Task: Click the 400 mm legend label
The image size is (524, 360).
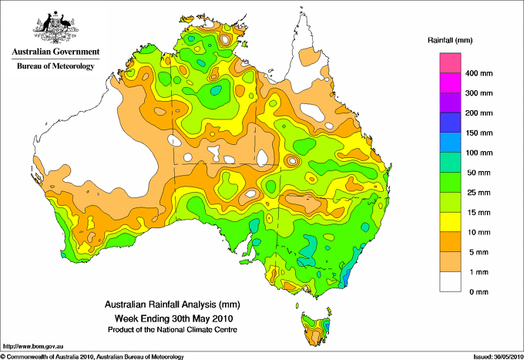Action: [479, 73]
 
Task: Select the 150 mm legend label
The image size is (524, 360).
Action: [479, 133]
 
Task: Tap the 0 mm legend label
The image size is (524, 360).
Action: [479, 292]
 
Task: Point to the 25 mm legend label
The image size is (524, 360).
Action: [479, 193]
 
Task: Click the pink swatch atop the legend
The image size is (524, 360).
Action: [450, 63]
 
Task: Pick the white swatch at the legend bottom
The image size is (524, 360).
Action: [450, 281]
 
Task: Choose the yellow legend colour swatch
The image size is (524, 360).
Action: [450, 222]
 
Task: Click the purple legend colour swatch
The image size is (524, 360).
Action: [450, 103]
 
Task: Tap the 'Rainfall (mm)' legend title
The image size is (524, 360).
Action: [450, 40]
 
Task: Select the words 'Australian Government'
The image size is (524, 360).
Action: [55, 52]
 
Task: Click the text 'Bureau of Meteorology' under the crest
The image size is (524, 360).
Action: [55, 66]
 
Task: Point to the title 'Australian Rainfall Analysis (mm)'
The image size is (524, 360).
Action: [173, 304]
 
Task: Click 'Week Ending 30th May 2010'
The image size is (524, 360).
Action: [174, 318]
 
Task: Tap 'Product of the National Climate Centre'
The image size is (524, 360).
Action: [173, 330]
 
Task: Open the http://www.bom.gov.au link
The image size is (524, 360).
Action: [33, 347]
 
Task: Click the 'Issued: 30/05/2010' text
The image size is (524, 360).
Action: [499, 357]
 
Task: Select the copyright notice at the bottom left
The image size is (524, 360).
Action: [92, 357]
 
